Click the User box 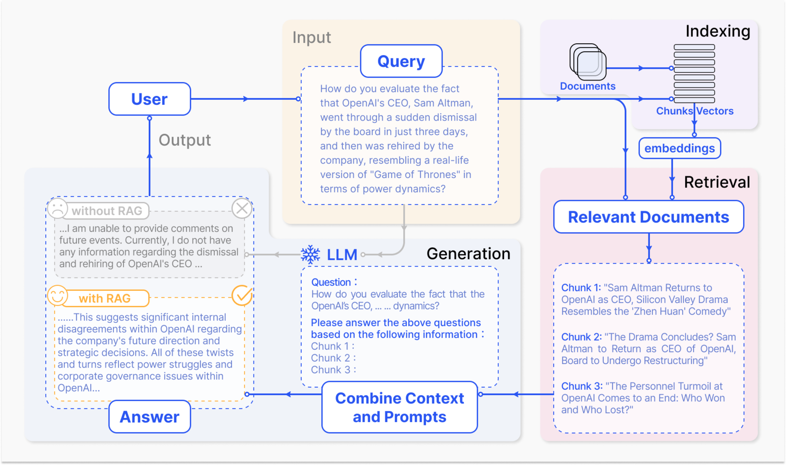[x=149, y=99]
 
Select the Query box [x=401, y=61]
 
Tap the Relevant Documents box [x=648, y=217]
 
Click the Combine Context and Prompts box [x=399, y=407]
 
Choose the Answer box [x=149, y=417]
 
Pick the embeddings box [x=680, y=148]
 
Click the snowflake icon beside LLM [x=310, y=254]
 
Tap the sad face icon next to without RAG [x=57, y=208]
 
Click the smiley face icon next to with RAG [x=57, y=295]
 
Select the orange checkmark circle [x=242, y=296]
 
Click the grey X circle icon [x=242, y=209]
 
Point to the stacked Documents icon [x=588, y=62]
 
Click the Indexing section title [x=718, y=31]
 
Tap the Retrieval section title [x=717, y=182]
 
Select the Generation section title [x=469, y=254]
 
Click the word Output [x=185, y=140]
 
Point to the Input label [x=311, y=37]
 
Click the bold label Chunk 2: [x=582, y=337]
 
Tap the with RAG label [x=105, y=298]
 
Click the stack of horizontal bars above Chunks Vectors [x=695, y=74]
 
